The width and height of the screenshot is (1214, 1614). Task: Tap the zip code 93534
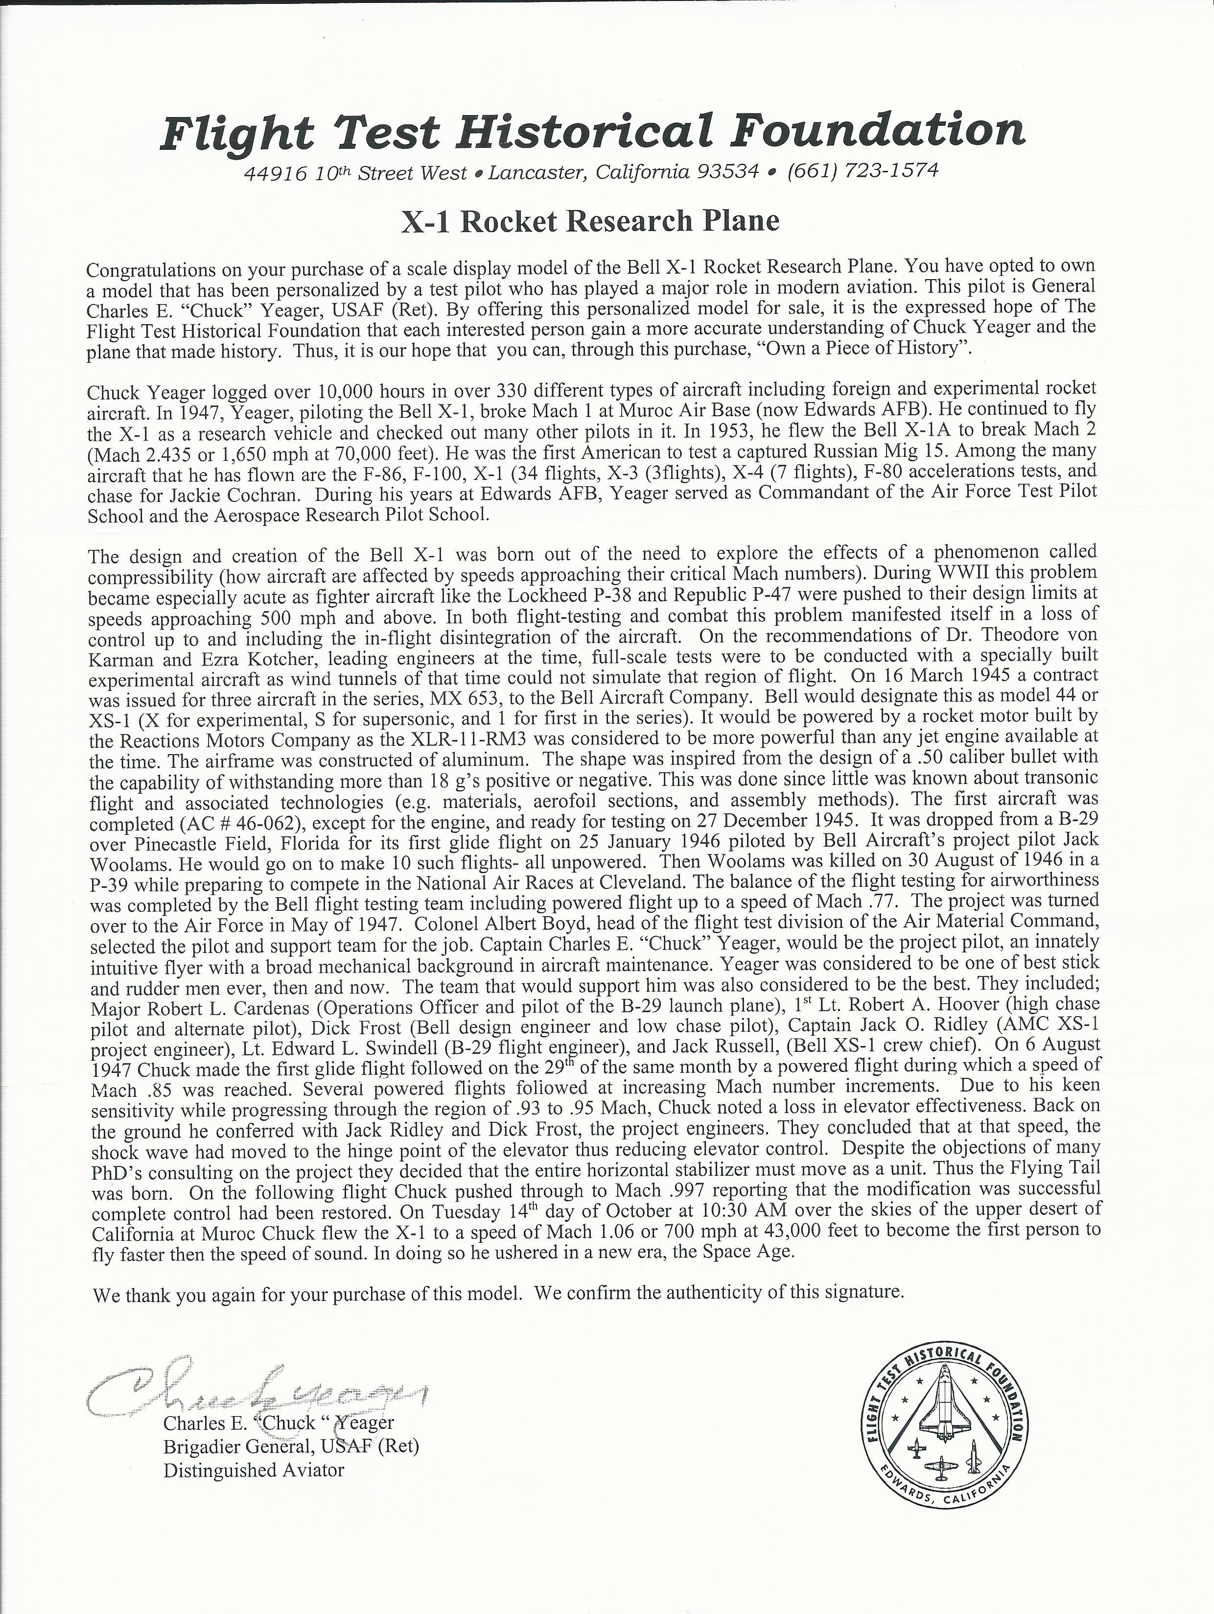pos(728,172)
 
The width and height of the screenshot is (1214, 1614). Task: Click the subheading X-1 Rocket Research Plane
pos(590,220)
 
